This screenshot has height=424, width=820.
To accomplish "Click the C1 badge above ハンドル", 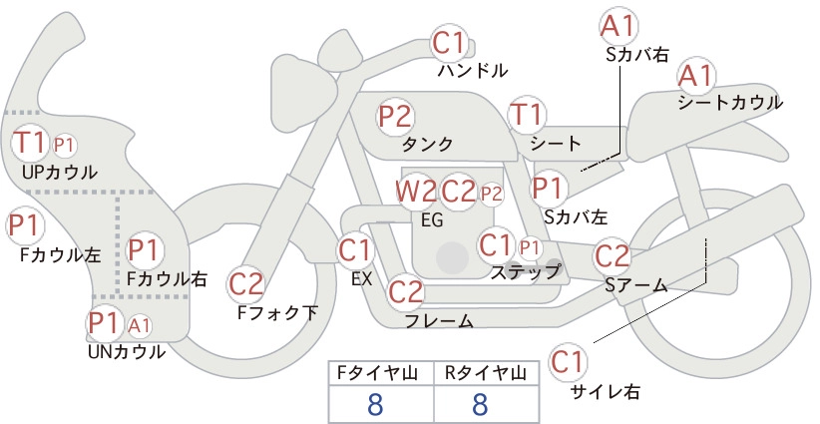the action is [x=449, y=43].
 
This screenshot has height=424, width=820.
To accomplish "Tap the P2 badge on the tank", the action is [x=396, y=116].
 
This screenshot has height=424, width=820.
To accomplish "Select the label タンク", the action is [x=427, y=145].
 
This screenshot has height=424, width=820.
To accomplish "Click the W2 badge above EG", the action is [x=415, y=192].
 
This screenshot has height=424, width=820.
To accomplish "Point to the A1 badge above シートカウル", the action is [x=696, y=77].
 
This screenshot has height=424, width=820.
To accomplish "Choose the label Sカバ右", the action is [x=637, y=55].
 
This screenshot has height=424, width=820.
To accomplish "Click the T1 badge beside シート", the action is [x=527, y=115].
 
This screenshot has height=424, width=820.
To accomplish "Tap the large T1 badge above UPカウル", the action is [x=30, y=143].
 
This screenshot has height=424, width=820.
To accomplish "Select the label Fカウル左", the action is [x=60, y=254].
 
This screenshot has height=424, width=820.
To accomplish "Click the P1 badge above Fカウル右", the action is [x=144, y=249].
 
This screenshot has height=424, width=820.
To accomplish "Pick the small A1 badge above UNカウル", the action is [x=140, y=325].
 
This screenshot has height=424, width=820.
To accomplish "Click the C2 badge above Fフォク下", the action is [x=246, y=284].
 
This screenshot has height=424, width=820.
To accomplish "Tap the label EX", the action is [x=362, y=279].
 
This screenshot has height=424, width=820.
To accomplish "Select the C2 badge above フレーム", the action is [x=406, y=291].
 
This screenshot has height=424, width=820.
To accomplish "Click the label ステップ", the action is [x=526, y=272].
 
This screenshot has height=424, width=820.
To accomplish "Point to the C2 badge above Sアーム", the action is [x=613, y=256].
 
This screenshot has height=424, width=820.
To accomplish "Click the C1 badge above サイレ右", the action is [x=568, y=361].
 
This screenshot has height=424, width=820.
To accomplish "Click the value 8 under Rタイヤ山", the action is [x=480, y=404].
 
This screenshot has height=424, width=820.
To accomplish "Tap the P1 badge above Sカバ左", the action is [x=549, y=188].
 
